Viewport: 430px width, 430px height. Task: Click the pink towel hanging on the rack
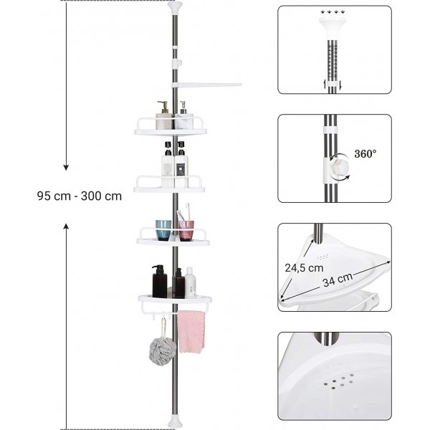(x=191, y=331)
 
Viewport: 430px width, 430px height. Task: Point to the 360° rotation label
(x=365, y=153)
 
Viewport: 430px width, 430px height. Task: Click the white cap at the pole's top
(x=174, y=9)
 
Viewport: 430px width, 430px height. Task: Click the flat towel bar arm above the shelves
(x=211, y=85)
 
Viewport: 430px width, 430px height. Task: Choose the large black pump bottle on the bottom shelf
(x=158, y=282)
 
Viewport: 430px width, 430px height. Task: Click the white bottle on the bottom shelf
(x=191, y=283)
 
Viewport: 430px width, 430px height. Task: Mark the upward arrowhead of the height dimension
(x=66, y=225)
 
